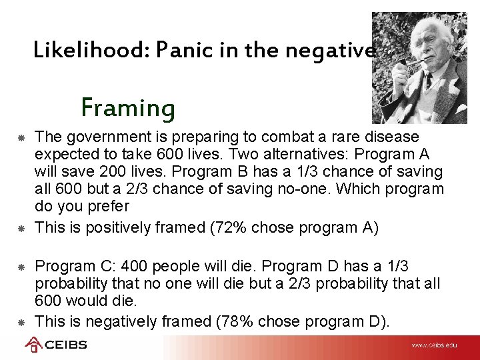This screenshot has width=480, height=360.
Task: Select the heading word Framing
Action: pos(128,107)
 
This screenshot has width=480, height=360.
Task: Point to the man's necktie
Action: pos(427,83)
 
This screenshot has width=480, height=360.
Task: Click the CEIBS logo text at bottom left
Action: pos(65,345)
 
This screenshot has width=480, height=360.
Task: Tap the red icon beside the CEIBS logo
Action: pos(33,345)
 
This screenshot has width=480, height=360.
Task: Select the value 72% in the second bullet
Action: pos(227,227)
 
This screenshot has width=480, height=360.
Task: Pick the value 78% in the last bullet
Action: pos(233,321)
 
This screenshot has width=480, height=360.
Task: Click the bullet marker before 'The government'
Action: pos(21,137)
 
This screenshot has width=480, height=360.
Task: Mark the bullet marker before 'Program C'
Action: pos(21,267)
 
